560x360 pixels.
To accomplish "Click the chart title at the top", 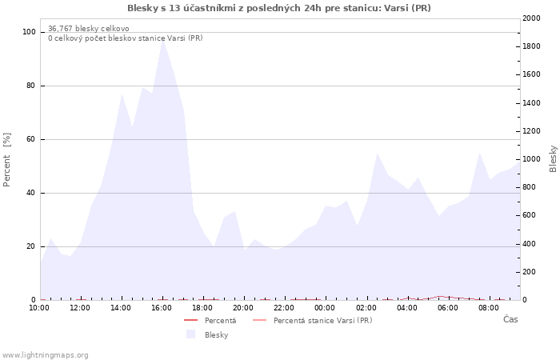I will [x=279, y=8].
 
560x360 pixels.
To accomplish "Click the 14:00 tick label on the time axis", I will [x=121, y=308].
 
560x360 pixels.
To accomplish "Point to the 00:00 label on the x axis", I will [x=325, y=308].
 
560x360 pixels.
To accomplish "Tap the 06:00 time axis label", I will [x=448, y=308].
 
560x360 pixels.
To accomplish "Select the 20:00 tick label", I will [x=243, y=308].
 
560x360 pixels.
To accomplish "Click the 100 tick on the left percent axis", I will [x=29, y=32].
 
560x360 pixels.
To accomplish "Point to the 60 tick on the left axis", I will [x=31, y=139].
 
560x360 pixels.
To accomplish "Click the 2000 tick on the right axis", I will [x=530, y=18].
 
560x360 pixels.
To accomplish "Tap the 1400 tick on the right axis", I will [x=530, y=103].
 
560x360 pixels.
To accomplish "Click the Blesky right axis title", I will [x=553, y=158].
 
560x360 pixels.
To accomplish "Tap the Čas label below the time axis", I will [x=510, y=319].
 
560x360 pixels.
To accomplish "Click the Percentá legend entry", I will [x=220, y=321].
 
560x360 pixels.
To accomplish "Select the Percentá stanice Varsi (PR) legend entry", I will [x=322, y=321].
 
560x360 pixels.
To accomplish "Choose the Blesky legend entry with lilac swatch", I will [x=216, y=335].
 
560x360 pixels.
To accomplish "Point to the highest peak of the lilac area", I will [x=162, y=40].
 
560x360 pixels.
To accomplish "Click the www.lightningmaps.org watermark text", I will [x=45, y=355].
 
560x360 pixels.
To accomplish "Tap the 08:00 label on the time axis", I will [x=489, y=308].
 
